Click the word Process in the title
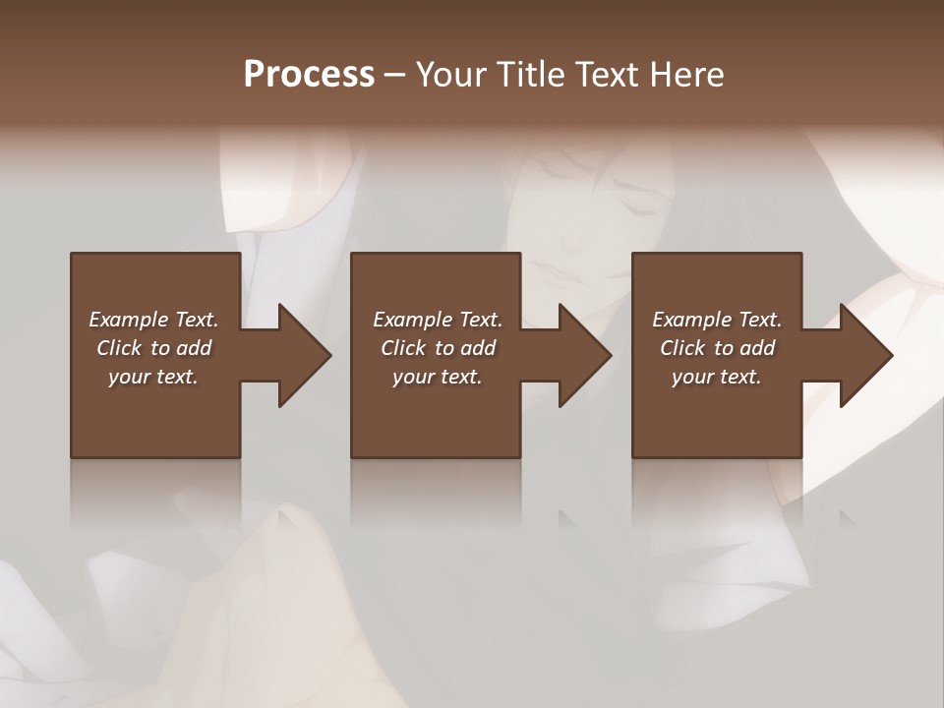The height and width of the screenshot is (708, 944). point(309,75)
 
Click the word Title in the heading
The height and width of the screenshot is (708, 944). point(526,75)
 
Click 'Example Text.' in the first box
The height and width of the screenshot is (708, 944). point(154,320)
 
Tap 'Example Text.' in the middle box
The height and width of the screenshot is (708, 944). point(438,320)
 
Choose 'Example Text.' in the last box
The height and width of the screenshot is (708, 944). point(717,320)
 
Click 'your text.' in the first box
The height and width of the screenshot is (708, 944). point(153,377)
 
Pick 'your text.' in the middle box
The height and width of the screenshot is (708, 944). point(438,377)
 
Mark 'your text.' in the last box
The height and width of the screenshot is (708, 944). point(717,377)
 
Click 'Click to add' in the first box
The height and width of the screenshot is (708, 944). point(154,348)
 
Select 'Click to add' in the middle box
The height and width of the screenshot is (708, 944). point(438,348)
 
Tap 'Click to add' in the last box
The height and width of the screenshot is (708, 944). point(717,348)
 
